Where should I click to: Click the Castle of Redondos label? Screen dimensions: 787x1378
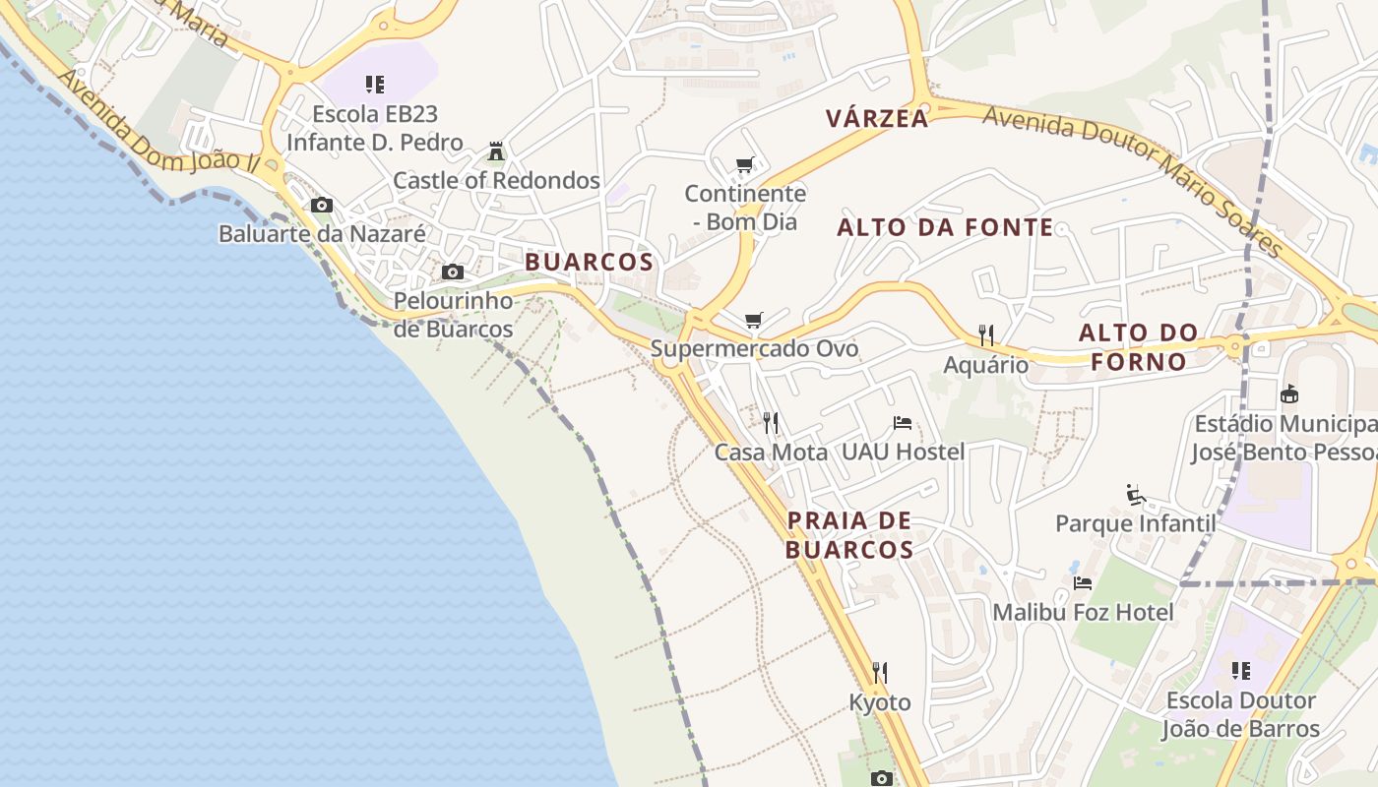click(496, 181)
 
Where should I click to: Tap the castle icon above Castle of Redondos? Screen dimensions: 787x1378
click(496, 151)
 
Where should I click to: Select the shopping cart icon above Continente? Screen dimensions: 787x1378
click(745, 164)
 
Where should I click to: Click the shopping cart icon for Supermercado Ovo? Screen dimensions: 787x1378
click(754, 320)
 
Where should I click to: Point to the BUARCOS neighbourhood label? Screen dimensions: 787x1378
click(589, 262)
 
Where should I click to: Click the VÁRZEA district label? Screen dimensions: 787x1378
click(877, 119)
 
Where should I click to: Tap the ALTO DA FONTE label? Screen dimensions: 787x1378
click(945, 228)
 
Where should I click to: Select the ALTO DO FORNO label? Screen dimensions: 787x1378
click(1138, 346)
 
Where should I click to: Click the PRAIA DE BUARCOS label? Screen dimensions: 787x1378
click(849, 534)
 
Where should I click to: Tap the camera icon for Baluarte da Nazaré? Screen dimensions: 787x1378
click(322, 206)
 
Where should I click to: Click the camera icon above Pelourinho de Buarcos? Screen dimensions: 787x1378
click(453, 272)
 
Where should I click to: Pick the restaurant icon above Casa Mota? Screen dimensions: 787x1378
click(771, 423)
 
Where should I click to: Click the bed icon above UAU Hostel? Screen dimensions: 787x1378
click(903, 423)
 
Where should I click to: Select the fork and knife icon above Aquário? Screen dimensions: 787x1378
click(986, 335)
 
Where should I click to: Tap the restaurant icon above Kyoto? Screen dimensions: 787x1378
click(880, 673)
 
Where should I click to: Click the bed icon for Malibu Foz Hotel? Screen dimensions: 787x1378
click(1083, 583)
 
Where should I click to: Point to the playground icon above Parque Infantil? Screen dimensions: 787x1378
click(1136, 494)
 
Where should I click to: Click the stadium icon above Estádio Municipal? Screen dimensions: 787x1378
click(1288, 394)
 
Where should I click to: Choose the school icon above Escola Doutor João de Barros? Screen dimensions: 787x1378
click(1241, 671)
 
